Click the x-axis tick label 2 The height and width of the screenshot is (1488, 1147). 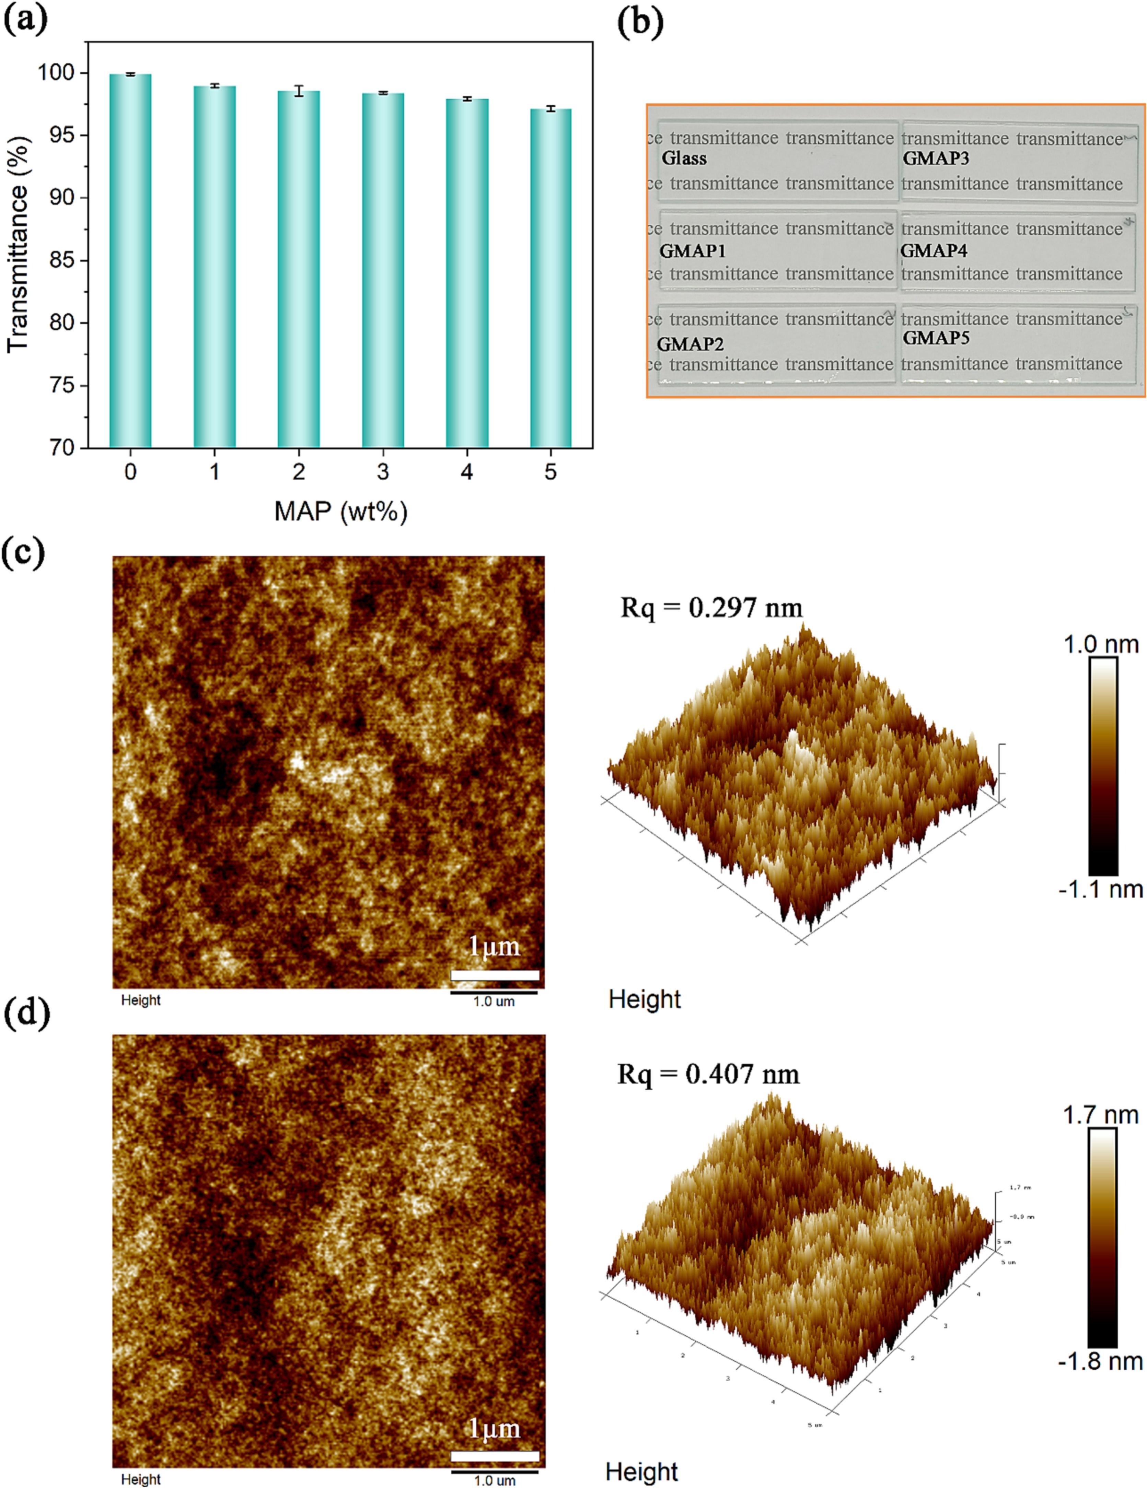[299, 471]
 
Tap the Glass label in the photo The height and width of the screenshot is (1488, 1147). [684, 159]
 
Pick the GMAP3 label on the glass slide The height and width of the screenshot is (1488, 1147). [936, 159]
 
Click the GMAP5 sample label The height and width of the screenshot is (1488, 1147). [936, 338]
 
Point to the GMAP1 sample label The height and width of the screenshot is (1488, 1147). [693, 251]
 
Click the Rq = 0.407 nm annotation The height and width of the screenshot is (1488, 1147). [708, 1075]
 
